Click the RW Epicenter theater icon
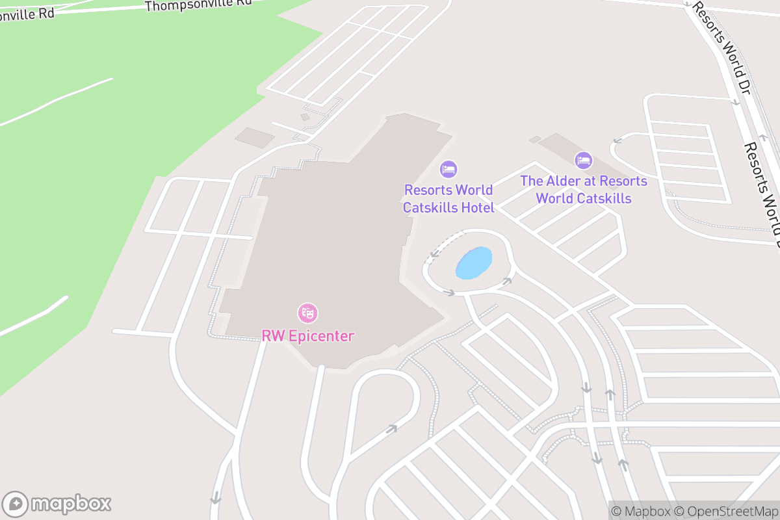(x=307, y=313)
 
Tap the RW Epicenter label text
(x=307, y=336)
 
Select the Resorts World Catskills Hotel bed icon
(x=448, y=170)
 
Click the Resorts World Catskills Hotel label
(x=448, y=199)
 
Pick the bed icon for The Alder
(x=584, y=160)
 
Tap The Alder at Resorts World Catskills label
(x=584, y=189)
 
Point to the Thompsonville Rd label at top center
(x=198, y=5)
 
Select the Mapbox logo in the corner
(x=57, y=503)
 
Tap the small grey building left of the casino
(x=255, y=137)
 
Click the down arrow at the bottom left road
(x=216, y=498)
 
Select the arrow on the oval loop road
(x=391, y=428)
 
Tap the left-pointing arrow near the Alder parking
(x=617, y=140)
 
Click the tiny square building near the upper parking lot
(x=305, y=117)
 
